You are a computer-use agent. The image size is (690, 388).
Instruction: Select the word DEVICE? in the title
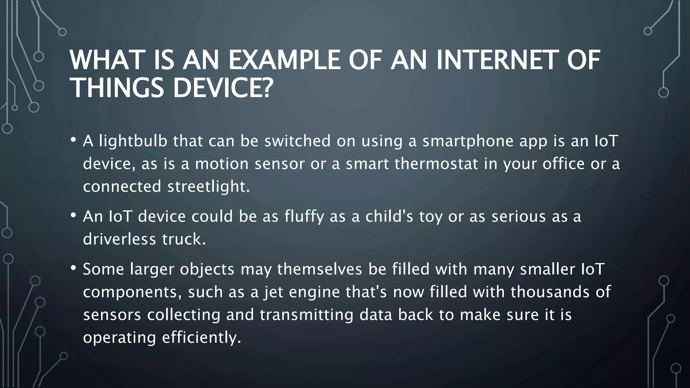223,88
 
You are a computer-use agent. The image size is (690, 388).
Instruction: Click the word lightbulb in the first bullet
133,141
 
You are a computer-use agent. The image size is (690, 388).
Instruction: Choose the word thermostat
436,164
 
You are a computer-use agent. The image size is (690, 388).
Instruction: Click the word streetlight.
209,186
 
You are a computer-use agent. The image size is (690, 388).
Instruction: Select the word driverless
120,239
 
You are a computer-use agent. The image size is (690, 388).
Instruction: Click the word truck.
184,239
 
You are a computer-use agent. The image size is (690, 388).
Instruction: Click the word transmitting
306,315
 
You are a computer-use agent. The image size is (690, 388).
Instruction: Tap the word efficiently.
201,337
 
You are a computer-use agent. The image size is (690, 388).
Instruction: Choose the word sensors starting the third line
112,315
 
